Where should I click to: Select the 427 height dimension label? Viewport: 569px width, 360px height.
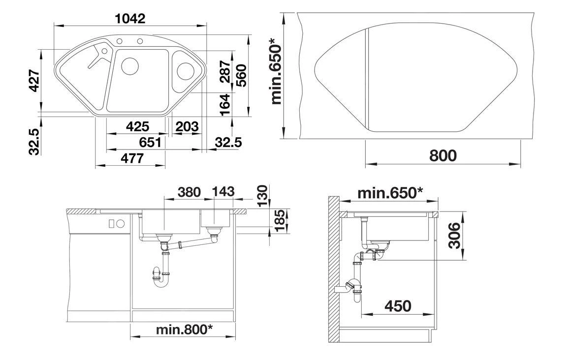34,81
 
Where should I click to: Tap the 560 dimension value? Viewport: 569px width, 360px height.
240,74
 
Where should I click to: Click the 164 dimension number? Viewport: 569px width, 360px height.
224,104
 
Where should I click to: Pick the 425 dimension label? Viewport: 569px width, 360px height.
137,126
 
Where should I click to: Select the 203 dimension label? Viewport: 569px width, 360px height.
187,126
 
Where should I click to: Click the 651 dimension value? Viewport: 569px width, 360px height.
150,142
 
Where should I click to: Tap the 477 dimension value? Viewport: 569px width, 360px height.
132,158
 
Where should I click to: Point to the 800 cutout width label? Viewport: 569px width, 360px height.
443,155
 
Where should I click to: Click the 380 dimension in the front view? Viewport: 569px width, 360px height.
189,191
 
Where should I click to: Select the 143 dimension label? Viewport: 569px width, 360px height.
223,191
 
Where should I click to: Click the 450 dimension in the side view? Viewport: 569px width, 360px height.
397,306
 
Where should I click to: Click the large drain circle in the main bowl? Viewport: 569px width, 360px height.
130,66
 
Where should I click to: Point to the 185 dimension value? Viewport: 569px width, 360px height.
280,221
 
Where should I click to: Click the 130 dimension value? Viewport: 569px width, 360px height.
261,195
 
